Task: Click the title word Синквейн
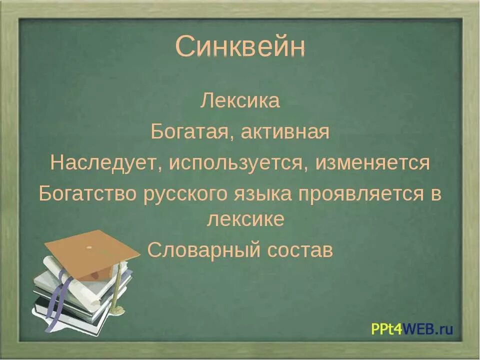[x=240, y=48]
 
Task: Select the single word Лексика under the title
[x=240, y=101]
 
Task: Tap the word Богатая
[x=193, y=132]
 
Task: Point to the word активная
[x=285, y=132]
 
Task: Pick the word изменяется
[x=372, y=163]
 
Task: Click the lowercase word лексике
[x=245, y=220]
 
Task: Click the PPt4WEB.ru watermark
[x=411, y=328]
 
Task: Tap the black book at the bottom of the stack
[x=75, y=320]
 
